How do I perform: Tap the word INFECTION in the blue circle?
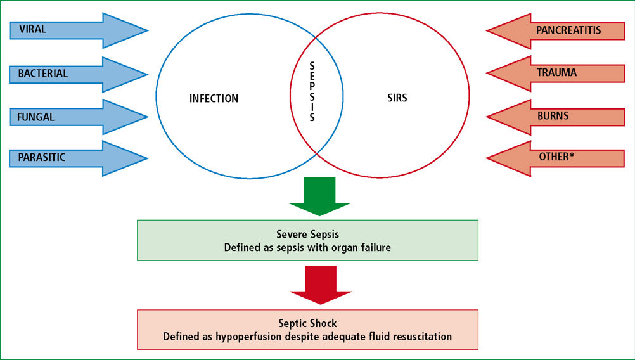(214, 98)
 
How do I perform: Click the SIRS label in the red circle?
(397, 98)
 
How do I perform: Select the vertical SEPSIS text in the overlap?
(312, 91)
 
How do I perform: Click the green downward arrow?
(319, 196)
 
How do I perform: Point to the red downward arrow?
(320, 285)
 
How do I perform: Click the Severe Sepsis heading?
(308, 234)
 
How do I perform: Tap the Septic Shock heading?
(308, 323)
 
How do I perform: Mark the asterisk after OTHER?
(572, 154)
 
